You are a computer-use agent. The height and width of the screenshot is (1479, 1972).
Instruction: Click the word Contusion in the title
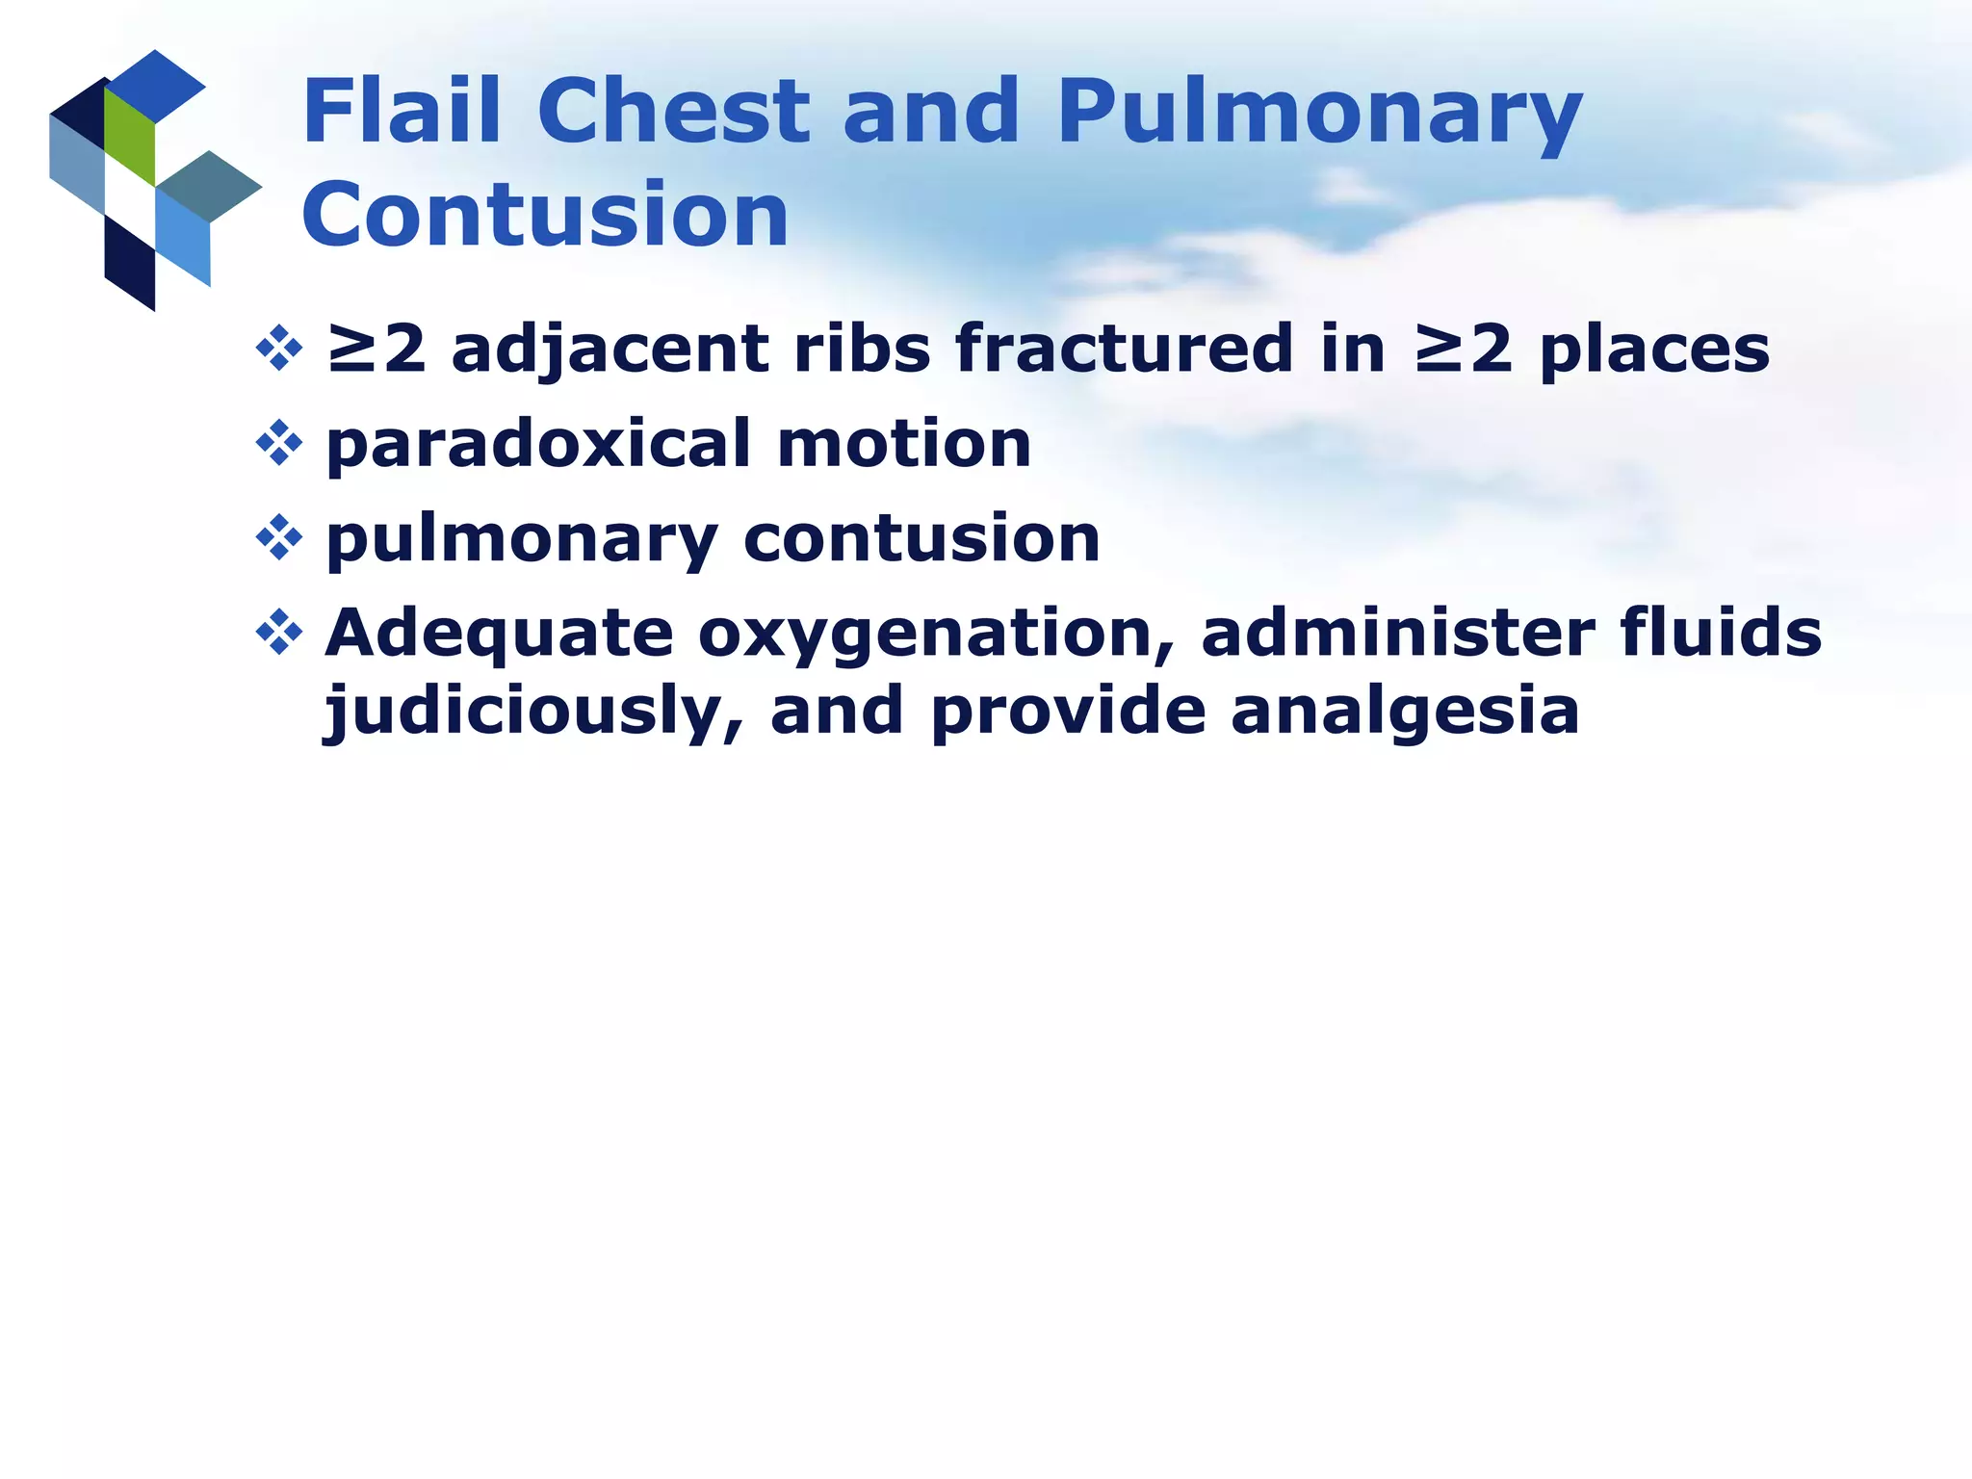tap(545, 215)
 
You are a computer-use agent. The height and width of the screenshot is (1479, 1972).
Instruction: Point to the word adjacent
tap(610, 350)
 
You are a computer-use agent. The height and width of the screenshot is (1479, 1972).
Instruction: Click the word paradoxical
tap(539, 445)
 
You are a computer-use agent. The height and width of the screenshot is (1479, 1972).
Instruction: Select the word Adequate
tap(499, 636)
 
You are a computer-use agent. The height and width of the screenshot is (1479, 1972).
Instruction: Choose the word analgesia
tap(1405, 713)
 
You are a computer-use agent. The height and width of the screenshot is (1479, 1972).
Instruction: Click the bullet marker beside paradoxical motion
tap(279, 443)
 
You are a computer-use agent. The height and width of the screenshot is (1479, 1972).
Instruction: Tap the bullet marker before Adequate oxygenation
tap(279, 633)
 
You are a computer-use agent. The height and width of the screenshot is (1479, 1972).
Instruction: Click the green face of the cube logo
tap(129, 135)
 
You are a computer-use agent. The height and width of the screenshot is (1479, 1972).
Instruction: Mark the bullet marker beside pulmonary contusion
tap(279, 537)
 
